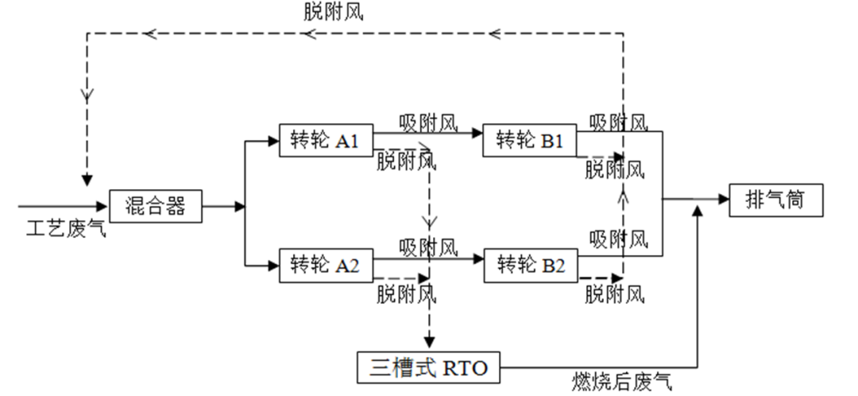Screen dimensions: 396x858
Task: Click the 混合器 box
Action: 156,206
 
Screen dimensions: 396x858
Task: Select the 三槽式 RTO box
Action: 430,367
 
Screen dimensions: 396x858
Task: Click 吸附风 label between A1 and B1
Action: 428,122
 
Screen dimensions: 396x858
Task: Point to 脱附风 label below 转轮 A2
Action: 406,293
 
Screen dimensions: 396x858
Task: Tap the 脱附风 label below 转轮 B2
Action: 614,295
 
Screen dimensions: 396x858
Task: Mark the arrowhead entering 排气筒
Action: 725,200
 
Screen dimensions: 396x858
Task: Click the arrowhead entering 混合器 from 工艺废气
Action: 103,206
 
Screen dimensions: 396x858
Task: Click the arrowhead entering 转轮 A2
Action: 274,264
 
